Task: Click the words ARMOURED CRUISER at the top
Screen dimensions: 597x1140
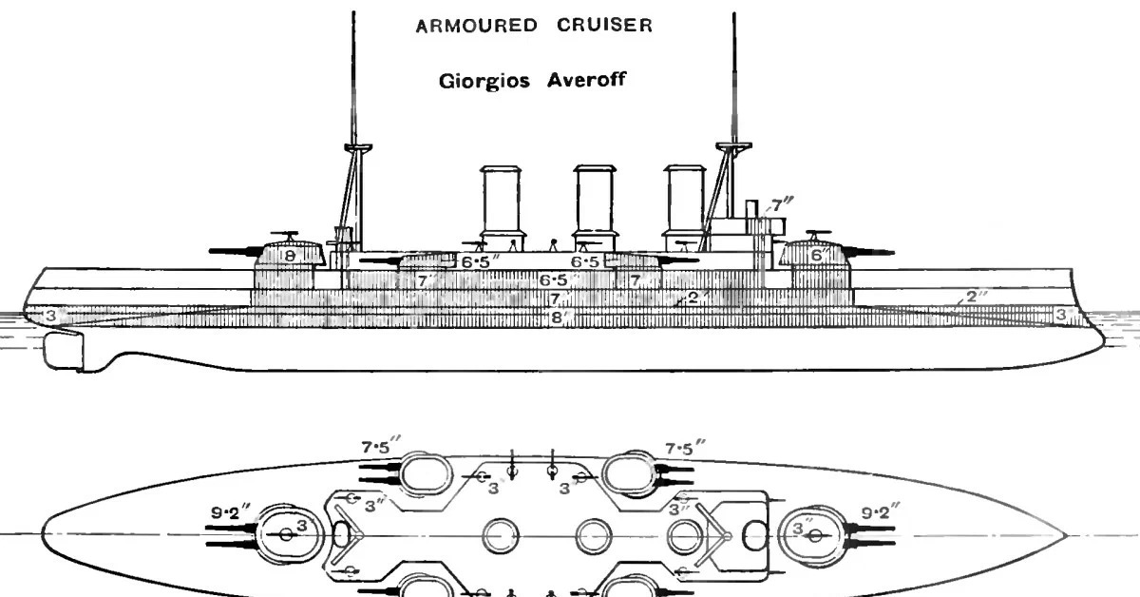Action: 534,27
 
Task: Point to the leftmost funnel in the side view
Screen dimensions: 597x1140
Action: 501,200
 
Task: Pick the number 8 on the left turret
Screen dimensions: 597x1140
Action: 290,255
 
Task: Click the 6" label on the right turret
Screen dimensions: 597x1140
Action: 816,255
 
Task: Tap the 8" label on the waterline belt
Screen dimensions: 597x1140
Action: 556,318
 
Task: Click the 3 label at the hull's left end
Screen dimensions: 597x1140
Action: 50,314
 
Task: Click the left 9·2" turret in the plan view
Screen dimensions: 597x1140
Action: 285,534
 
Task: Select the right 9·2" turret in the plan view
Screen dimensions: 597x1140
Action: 813,534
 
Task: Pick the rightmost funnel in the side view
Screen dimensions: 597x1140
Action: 683,200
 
